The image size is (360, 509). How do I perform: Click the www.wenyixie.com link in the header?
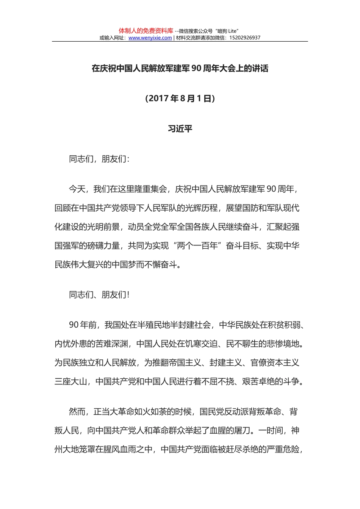[x=150, y=38]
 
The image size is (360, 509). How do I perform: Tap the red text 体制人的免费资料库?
[x=146, y=31]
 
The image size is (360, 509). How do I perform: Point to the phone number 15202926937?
[x=245, y=38]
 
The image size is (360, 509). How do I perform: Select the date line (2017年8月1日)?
[x=180, y=98]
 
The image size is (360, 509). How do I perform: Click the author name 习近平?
[x=180, y=129]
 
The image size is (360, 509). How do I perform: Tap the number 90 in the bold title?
[x=196, y=69]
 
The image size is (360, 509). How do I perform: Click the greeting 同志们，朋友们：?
[x=99, y=159]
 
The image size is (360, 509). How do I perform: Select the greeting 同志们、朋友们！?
[x=99, y=295]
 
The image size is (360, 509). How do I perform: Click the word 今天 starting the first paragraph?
[x=77, y=189]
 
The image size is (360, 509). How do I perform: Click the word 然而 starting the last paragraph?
[x=77, y=412]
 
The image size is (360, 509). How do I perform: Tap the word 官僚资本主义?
[x=275, y=363]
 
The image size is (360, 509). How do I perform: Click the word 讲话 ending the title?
[x=260, y=69]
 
